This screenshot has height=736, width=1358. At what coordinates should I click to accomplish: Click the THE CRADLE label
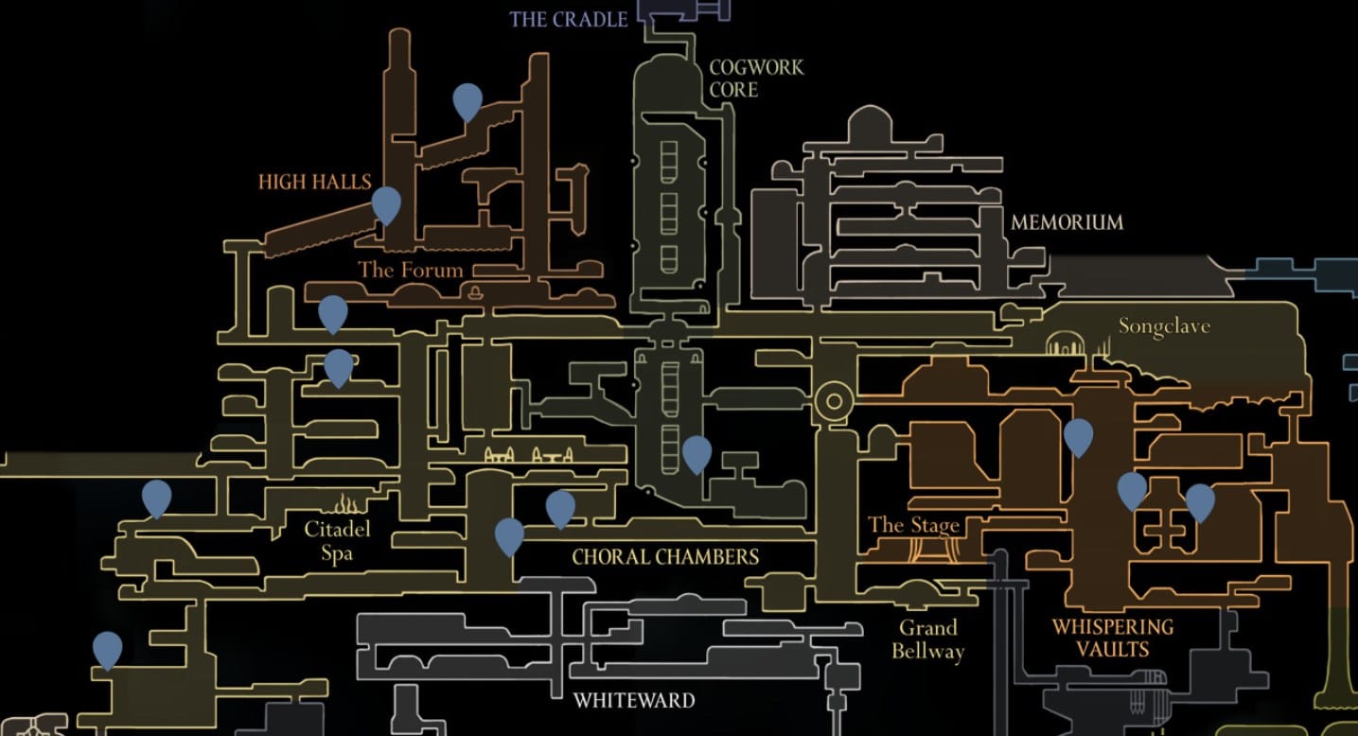568,19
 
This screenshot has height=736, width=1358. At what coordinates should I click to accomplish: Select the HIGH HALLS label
314,182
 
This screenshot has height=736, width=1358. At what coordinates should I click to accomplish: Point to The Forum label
411,270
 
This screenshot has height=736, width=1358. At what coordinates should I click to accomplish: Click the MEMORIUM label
1067,222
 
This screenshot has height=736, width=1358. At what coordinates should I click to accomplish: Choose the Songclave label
1164,326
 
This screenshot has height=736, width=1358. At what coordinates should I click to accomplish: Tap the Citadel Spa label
337,540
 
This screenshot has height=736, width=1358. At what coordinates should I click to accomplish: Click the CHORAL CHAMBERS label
665,556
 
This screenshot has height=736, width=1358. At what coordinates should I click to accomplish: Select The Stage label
913,525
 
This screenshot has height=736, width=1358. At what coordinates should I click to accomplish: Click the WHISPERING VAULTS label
1112,638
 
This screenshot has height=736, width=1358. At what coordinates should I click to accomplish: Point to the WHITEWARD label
634,701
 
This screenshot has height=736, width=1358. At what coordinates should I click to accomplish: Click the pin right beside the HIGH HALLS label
386,203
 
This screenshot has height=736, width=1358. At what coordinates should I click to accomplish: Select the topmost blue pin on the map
467,100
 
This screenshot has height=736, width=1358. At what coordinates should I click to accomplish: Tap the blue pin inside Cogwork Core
697,453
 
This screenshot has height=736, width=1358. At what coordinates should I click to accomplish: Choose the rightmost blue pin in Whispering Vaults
1200,501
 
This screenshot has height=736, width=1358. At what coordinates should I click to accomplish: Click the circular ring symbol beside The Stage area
834,401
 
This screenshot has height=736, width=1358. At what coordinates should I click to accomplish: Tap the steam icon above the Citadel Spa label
346,501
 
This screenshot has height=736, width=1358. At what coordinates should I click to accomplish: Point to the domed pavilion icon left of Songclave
1065,343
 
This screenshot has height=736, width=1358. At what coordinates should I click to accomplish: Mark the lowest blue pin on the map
108,649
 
